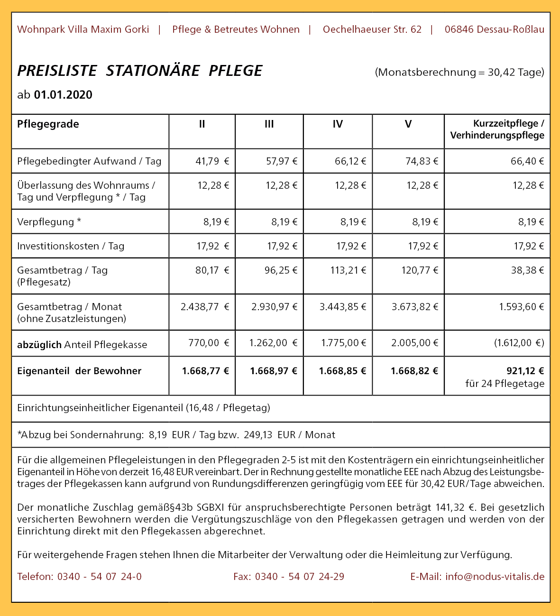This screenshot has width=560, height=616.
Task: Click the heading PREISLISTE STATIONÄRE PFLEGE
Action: click(x=140, y=71)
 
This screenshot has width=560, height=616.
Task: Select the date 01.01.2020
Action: click(x=63, y=95)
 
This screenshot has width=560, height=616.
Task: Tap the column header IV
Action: click(x=338, y=124)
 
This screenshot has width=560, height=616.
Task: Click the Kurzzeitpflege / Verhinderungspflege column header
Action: click(x=497, y=129)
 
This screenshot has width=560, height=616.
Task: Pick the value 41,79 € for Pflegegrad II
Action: click(x=212, y=161)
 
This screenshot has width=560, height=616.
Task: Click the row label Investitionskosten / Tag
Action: click(x=71, y=246)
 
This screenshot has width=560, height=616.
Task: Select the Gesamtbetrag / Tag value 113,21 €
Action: click(x=348, y=270)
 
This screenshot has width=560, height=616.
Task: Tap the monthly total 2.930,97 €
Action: click(x=274, y=307)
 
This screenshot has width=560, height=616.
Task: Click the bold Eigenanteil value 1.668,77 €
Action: click(x=205, y=371)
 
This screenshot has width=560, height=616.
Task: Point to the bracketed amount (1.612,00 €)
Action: click(x=519, y=343)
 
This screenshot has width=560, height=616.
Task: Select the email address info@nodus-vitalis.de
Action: click(x=495, y=577)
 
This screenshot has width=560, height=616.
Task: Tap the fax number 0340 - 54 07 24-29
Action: click(x=299, y=577)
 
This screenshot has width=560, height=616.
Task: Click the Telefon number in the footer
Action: click(x=99, y=577)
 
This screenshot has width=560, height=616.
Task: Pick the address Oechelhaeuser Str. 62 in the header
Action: click(x=372, y=29)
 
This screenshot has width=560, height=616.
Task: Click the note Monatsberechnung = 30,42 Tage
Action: click(x=459, y=73)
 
